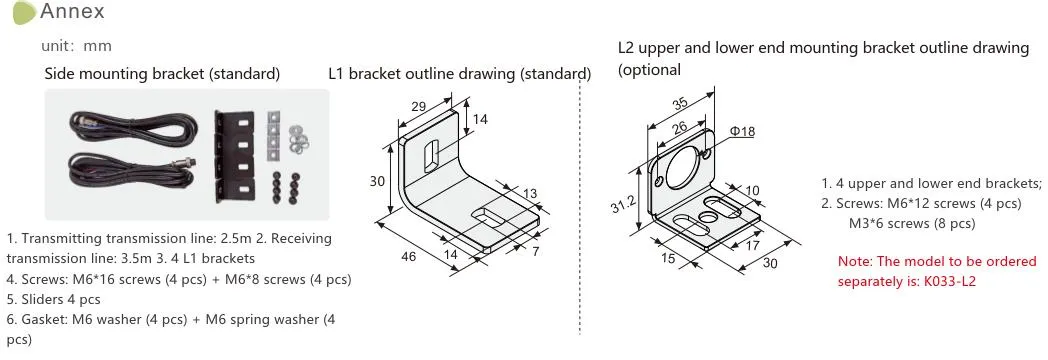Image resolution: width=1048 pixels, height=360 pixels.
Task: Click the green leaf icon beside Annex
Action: tap(24, 13)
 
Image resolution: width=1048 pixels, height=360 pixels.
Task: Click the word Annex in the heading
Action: tap(72, 11)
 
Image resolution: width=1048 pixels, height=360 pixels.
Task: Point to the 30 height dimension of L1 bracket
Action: tap(378, 180)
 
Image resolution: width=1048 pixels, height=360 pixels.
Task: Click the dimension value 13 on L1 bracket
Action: tap(530, 194)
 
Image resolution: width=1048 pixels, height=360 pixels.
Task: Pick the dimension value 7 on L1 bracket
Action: tap(536, 251)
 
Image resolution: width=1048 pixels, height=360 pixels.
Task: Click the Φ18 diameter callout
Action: tap(742, 132)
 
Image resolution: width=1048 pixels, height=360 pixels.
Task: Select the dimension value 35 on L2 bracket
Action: tap(680, 104)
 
